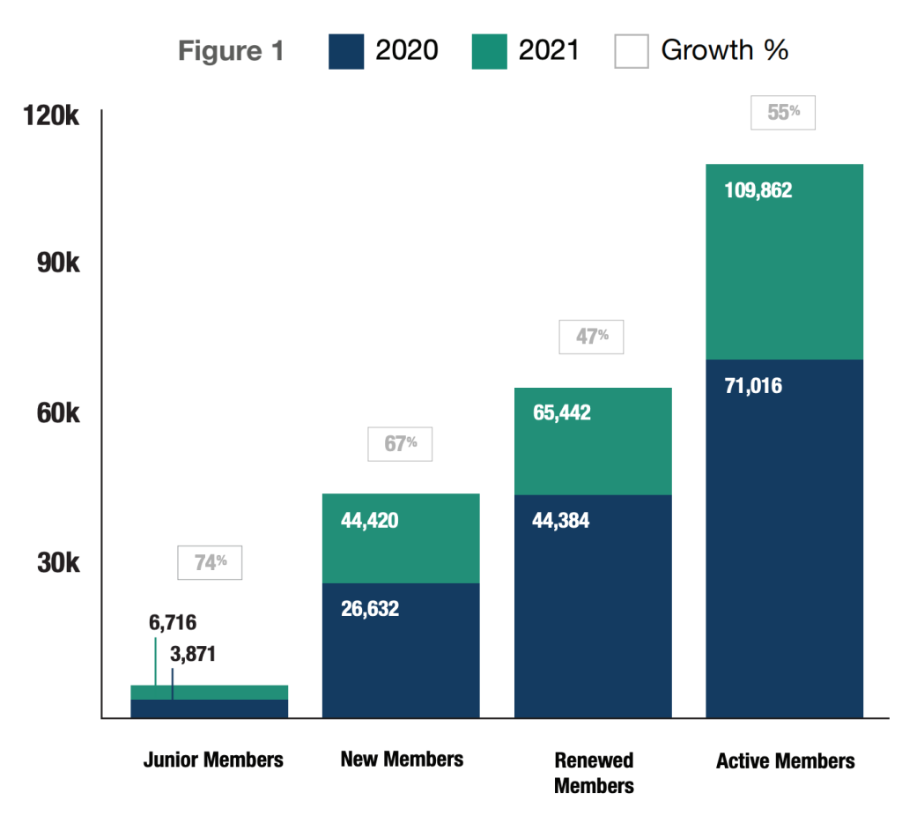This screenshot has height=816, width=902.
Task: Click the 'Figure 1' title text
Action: pos(231,51)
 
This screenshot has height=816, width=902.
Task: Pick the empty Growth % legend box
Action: pos(631,51)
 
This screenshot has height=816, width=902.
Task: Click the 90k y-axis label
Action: pos(58,263)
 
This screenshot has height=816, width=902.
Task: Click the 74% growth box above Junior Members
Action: pos(210,563)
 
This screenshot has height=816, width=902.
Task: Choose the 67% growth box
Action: pos(400,444)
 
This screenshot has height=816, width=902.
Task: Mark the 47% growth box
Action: pos(591,337)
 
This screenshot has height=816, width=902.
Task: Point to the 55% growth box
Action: pos(782,113)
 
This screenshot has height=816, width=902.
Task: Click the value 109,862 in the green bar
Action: pos(758,190)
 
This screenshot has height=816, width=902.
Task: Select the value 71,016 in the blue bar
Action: pos(752,386)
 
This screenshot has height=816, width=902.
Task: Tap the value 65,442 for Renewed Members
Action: pos(562,413)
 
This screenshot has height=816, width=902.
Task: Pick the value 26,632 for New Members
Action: pos(370,609)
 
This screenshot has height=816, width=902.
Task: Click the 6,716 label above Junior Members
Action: pos(173,623)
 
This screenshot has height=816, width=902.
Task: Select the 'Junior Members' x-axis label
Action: pos(213,760)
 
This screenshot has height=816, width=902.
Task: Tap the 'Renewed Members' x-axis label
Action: pos(594,772)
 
